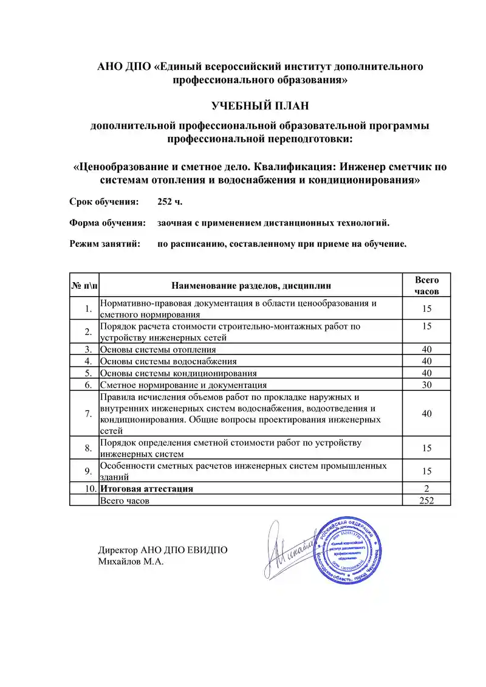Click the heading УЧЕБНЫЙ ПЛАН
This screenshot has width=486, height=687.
coord(260,106)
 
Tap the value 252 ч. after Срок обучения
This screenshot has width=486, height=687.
coord(169,201)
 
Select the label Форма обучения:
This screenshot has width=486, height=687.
coord(108,223)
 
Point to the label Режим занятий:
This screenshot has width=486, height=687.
coord(105,244)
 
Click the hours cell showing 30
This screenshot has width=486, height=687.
coord(426,384)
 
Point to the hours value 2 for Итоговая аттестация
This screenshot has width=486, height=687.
coord(426,488)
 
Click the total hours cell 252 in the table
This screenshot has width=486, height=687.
coord(426,500)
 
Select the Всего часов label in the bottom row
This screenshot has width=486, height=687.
coord(125,500)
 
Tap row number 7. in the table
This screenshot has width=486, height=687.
coord(88,413)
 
